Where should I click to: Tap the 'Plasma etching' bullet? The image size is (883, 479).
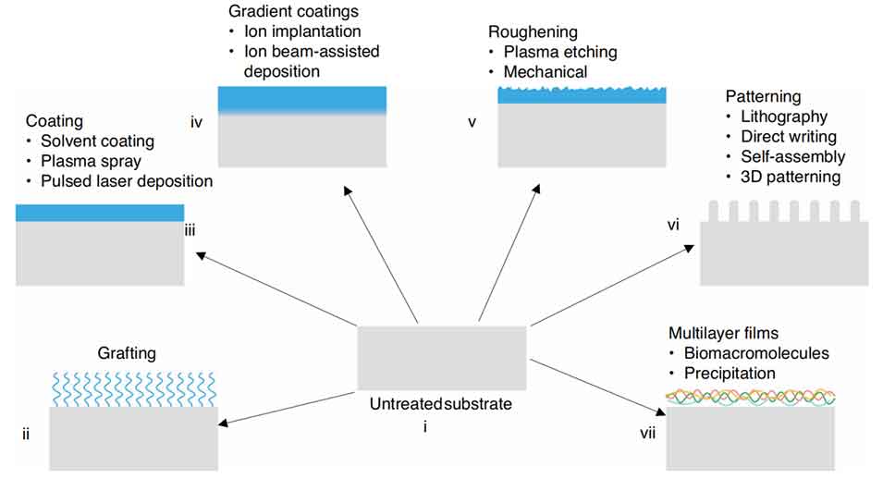click(x=560, y=52)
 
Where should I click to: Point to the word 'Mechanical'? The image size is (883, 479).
click(x=546, y=71)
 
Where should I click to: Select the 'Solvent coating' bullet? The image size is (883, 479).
click(x=102, y=141)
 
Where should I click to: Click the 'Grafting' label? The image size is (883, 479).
click(x=126, y=353)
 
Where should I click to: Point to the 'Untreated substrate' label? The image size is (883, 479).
click(x=440, y=404)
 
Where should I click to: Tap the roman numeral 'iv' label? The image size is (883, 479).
click(x=196, y=121)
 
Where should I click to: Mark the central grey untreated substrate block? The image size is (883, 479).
click(x=442, y=357)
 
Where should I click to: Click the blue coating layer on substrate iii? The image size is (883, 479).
click(x=100, y=213)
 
